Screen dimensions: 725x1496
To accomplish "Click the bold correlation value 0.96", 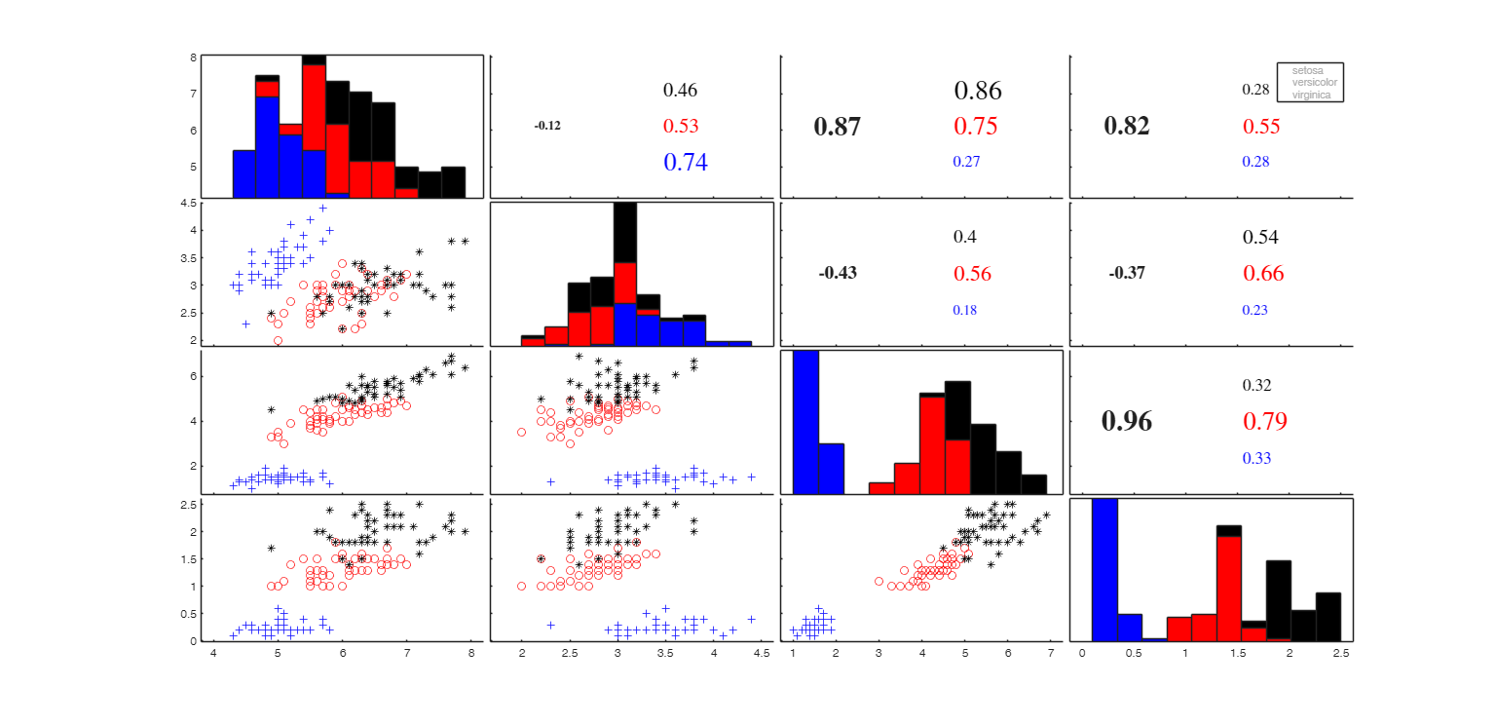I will tap(1127, 421).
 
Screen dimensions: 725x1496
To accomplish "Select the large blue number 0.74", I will tap(686, 163).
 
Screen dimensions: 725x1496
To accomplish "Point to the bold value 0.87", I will tap(837, 126).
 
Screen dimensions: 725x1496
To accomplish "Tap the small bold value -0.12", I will tap(547, 126).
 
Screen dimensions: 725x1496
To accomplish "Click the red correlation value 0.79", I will tap(1265, 421).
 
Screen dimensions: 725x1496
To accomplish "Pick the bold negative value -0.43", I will tap(838, 273).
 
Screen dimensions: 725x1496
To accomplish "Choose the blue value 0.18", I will tap(965, 310).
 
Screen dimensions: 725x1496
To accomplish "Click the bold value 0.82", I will tap(1127, 126).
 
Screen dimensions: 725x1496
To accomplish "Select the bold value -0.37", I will tap(1127, 273).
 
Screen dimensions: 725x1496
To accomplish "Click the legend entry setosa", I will tap(1308, 70).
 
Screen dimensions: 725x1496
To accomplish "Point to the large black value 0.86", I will tap(978, 91).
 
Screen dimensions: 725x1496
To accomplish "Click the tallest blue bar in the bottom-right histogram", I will tap(1104, 570).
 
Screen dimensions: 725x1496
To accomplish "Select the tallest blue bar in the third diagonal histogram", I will tap(805, 422).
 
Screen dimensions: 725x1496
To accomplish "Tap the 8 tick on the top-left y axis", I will tap(193, 57).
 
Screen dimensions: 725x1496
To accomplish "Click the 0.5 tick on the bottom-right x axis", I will tap(1134, 654).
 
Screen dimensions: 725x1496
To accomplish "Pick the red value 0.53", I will tap(681, 126).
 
